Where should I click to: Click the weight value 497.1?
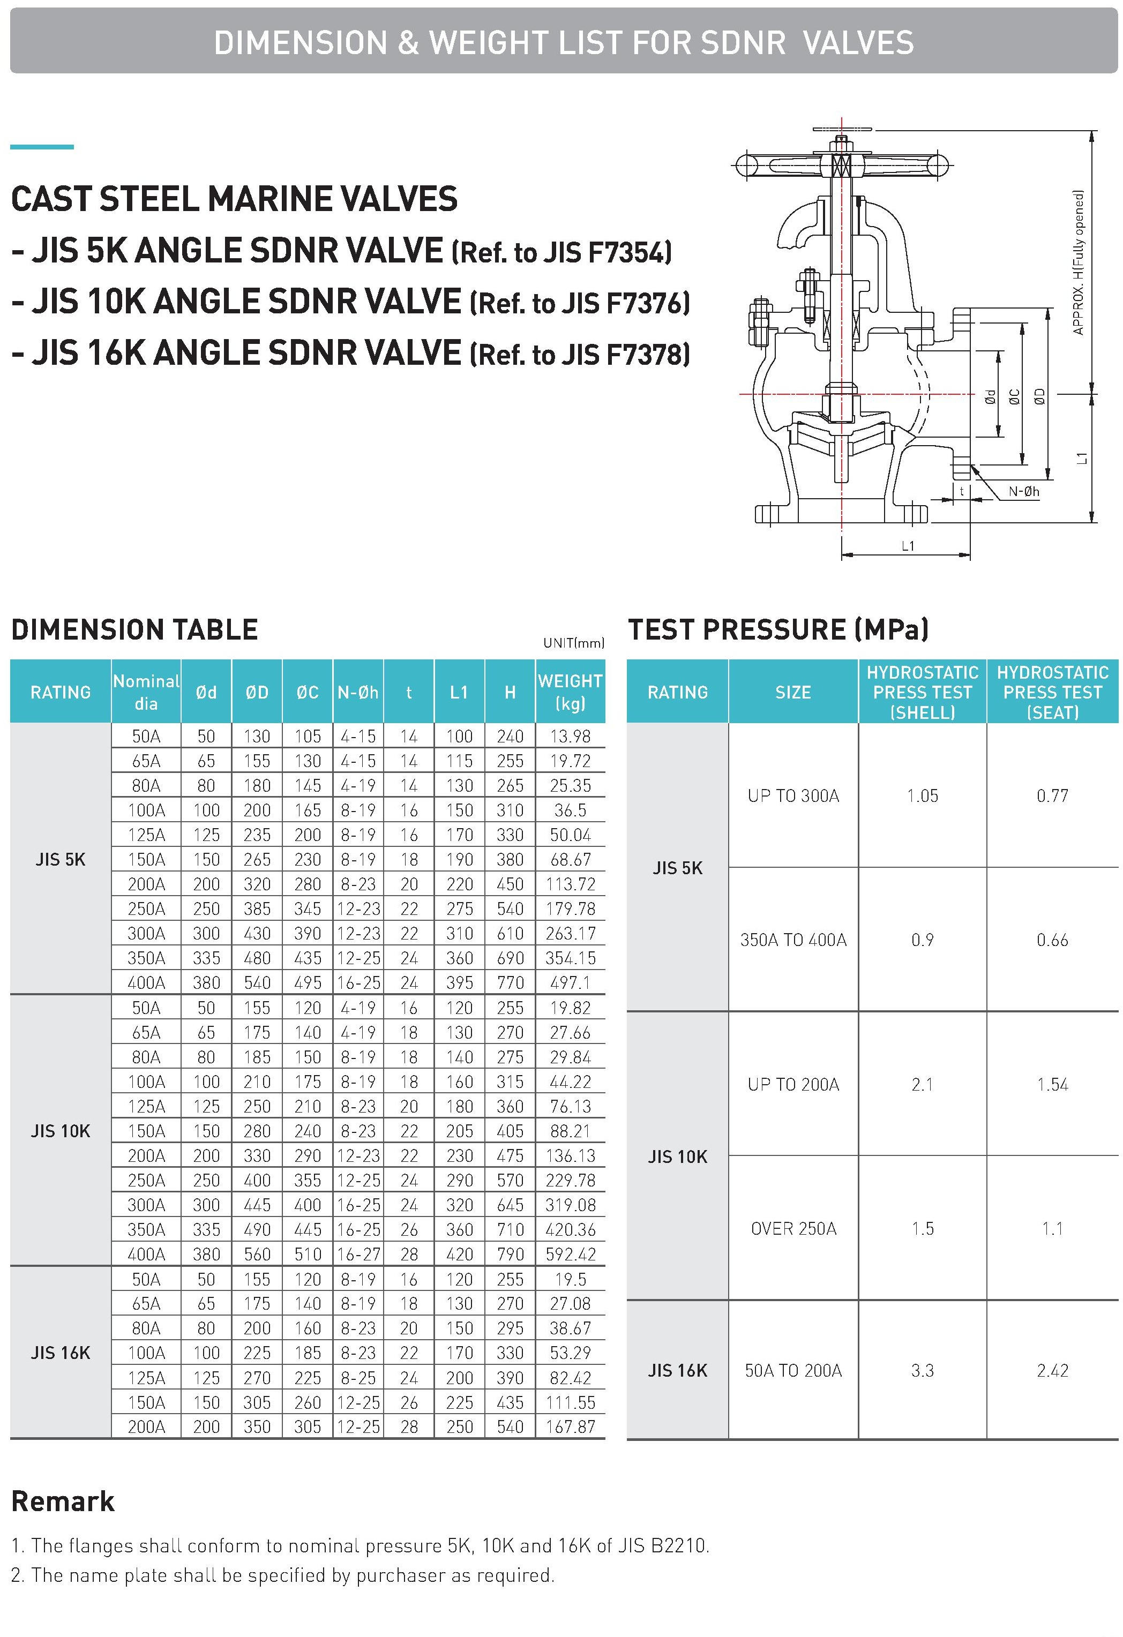click(x=570, y=982)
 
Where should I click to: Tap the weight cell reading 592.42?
click(x=570, y=1254)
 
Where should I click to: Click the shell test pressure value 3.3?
click(x=922, y=1370)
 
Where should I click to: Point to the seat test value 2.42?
click(x=1052, y=1370)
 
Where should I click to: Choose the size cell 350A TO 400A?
click(x=793, y=940)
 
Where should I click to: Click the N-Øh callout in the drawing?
click(x=1023, y=492)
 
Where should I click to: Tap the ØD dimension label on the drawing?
click(x=1040, y=397)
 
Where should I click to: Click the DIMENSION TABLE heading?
click(x=134, y=629)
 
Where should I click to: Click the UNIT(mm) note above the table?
click(x=573, y=642)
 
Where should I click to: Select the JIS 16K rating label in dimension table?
click(x=61, y=1353)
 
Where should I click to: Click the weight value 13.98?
click(x=570, y=736)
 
